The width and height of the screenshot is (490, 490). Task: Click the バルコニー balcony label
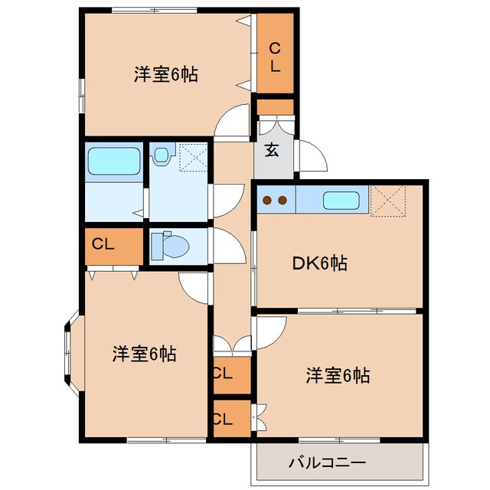click(x=328, y=462)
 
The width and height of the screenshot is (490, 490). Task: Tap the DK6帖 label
click(x=320, y=264)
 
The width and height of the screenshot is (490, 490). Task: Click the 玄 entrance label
click(x=272, y=149)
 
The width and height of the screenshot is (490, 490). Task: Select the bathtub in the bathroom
click(x=113, y=162)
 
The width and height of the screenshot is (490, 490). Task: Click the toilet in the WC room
click(x=170, y=247)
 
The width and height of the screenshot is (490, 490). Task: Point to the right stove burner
click(x=283, y=201)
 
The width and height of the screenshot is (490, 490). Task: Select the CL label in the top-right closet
click(x=275, y=57)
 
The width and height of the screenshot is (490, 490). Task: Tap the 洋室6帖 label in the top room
click(x=166, y=75)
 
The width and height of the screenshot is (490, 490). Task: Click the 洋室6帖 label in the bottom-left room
click(x=145, y=354)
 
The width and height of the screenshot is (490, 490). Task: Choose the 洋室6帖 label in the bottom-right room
click(x=338, y=376)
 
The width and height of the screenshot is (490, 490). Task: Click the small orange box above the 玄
click(x=275, y=106)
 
